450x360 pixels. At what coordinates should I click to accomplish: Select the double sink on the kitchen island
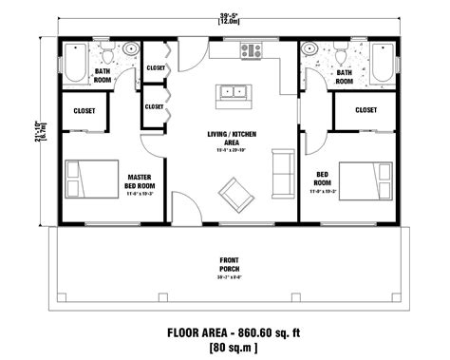pyautogui.click(x=234, y=93)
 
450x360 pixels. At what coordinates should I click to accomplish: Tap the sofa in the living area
pyautogui.click(x=280, y=168)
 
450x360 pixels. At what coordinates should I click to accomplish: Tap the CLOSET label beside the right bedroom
pyautogui.click(x=366, y=111)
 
